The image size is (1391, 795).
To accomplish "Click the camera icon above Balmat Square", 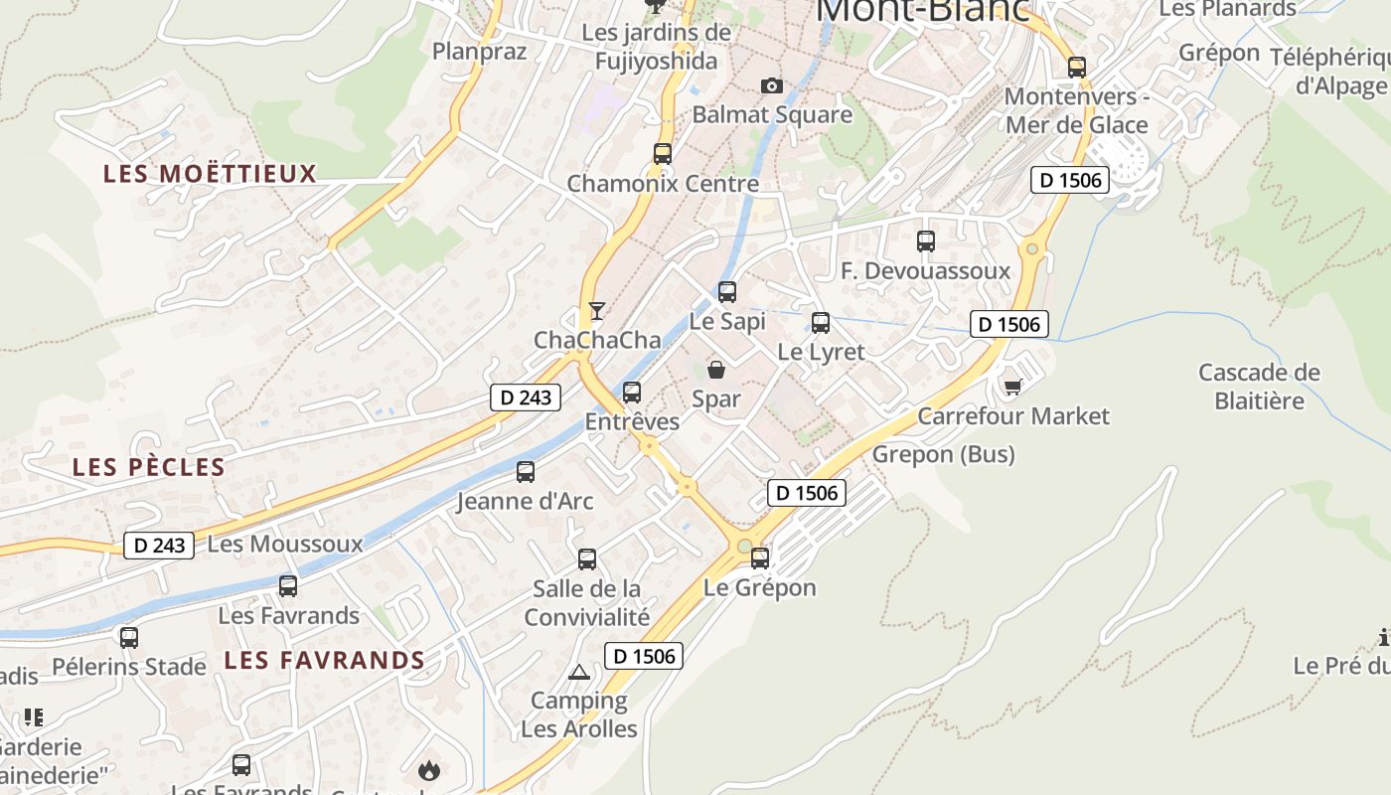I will [x=772, y=86].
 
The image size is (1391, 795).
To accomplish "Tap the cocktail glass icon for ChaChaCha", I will [x=596, y=311].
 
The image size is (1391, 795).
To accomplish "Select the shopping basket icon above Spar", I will [x=716, y=370].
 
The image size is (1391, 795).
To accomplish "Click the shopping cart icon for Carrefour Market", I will [x=1012, y=387].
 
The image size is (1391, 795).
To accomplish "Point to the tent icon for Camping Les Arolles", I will [x=579, y=673].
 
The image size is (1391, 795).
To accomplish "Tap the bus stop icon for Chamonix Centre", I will [x=663, y=154].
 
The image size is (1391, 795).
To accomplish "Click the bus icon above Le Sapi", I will [x=727, y=292].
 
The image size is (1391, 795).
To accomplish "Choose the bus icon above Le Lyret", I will [x=821, y=322].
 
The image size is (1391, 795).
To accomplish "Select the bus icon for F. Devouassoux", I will [x=926, y=241].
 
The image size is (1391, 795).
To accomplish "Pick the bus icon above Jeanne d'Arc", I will [x=526, y=472].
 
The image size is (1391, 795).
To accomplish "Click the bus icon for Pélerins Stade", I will [x=129, y=638].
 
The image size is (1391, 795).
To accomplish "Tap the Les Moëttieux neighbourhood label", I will [x=210, y=174].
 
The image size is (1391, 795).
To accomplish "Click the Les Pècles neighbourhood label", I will [x=149, y=467].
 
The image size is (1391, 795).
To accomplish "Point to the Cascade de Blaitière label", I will [x=1259, y=387].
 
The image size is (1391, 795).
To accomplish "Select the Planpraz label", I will [x=479, y=51].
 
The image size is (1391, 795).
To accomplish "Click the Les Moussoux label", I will [x=285, y=545].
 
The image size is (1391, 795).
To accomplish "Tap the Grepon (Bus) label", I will [x=944, y=455].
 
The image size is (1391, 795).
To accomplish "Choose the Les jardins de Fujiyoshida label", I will [x=656, y=47].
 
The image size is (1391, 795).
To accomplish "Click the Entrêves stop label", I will [x=632, y=421].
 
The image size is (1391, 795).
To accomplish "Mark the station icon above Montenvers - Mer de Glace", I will [x=1077, y=68].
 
